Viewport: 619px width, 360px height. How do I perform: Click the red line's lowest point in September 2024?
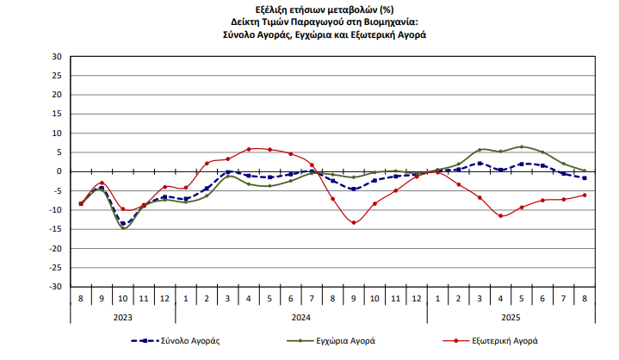pyautogui.click(x=354, y=223)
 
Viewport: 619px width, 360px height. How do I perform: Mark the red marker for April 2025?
pyautogui.click(x=500, y=215)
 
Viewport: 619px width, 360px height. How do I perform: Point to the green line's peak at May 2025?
pyautogui.click(x=522, y=146)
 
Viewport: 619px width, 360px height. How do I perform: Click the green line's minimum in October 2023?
pyautogui.click(x=124, y=228)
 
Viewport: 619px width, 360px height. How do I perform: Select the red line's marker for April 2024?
pyautogui.click(x=249, y=149)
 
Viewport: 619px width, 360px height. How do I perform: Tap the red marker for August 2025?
pyautogui.click(x=585, y=195)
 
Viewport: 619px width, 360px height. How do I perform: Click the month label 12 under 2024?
pyautogui.click(x=417, y=298)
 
